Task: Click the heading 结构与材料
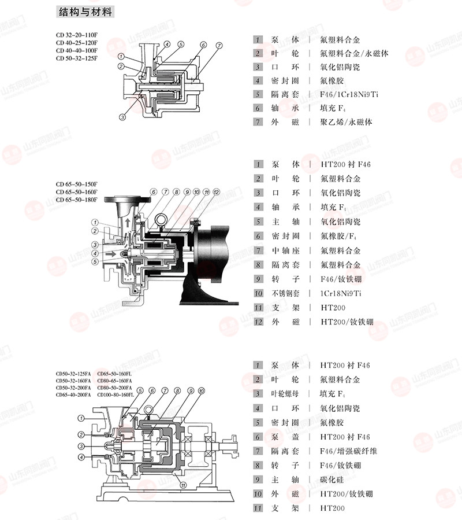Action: point(85,12)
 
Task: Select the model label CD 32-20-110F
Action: point(77,35)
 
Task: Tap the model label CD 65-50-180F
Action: point(76,200)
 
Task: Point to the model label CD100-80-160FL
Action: point(115,395)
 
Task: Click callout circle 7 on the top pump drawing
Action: point(219,46)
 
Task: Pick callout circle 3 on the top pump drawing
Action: point(122,117)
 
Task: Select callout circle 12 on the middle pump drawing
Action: point(216,192)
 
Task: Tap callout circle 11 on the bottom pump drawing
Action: point(183,485)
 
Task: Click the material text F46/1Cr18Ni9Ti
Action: point(349,94)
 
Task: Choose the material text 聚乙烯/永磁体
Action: point(346,122)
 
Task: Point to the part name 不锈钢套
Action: point(285,293)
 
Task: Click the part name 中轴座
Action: point(285,250)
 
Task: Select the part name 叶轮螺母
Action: point(285,394)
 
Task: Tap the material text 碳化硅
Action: point(332,480)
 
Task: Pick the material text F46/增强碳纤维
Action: point(348,451)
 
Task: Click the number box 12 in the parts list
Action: point(258,322)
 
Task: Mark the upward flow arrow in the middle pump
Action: point(128,222)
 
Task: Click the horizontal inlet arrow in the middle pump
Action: point(111,254)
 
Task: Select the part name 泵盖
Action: point(285,437)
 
